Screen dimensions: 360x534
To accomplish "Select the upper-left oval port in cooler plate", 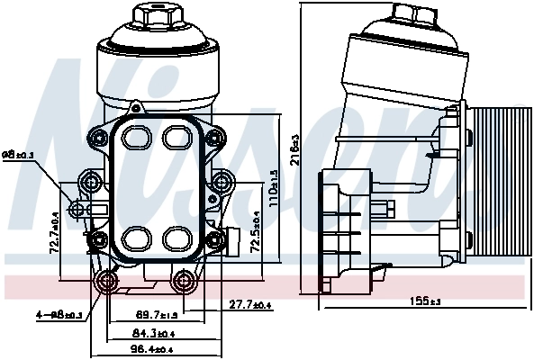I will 135,137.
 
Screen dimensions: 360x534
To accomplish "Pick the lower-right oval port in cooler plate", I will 176,238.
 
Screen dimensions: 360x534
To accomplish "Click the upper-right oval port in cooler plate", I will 176,137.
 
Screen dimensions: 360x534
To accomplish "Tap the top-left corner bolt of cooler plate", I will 95,138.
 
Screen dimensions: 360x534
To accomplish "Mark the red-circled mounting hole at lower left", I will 107,283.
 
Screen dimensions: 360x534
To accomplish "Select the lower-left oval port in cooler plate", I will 135,238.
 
